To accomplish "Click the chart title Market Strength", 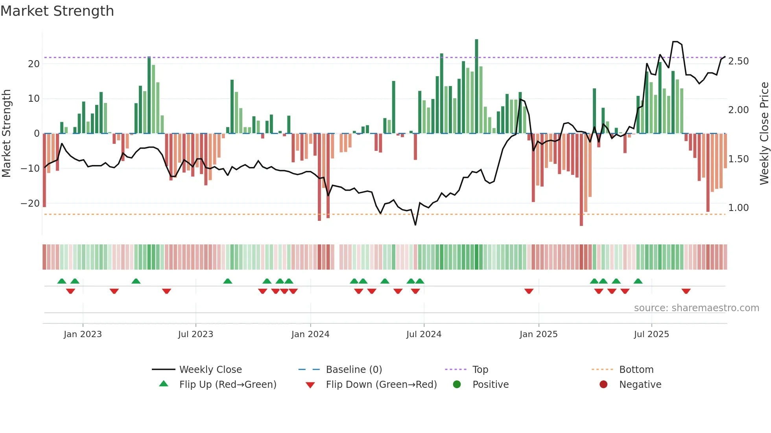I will click(x=57, y=11).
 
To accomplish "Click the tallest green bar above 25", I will click(x=476, y=86).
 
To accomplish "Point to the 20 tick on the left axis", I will click(x=34, y=64).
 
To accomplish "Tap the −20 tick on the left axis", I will click(x=30, y=204).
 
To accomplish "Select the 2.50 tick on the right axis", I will click(x=738, y=61).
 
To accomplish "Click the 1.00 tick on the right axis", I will click(x=738, y=208).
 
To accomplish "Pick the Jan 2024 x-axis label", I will click(x=310, y=334).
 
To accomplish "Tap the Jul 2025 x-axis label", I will click(x=651, y=334).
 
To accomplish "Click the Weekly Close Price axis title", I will click(x=764, y=134).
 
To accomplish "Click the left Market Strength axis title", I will click(x=6, y=134).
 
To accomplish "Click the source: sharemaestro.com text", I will click(x=696, y=308).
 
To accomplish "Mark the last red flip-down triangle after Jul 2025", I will click(x=686, y=291).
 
